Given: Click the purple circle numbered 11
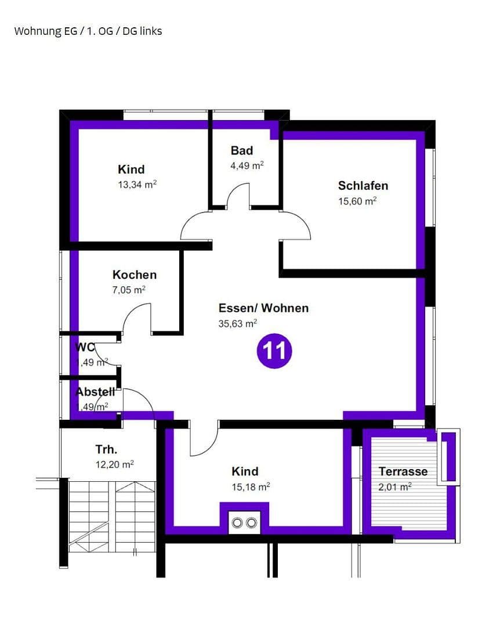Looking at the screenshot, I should coord(274,351).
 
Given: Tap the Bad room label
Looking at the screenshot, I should coord(242,150).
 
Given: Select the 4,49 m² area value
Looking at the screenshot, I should coord(247,165).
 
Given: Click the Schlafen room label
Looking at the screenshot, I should coord(363,186).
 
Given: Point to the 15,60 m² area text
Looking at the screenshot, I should coord(357,201).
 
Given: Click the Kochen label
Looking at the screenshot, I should coord(135,275).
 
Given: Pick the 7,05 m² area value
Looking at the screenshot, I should coord(129,290).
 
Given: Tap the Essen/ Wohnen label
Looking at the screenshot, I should coord(263,308).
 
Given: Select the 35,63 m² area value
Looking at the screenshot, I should coord(238,324).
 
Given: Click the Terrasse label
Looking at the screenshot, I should coord(403,471).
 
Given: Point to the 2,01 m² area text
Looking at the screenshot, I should coord(395,487).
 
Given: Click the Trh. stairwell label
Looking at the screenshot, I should coord(107,449).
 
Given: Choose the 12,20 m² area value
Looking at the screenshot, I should coord(115,464).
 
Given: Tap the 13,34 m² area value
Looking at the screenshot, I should coord(137,185).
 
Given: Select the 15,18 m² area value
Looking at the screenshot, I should coord(251,487).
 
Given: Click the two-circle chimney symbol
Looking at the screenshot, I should coord(244,523).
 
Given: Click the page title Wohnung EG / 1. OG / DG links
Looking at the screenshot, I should coord(88,31).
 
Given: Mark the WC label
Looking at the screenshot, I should coord(85,347).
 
